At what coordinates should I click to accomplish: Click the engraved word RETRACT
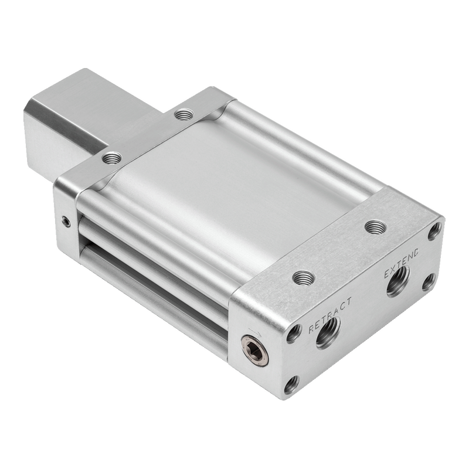tap(330, 314)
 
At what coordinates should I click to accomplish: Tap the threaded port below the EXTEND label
tap(399, 281)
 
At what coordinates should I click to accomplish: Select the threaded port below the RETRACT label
tap(328, 332)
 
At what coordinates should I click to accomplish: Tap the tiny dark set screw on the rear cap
tap(66, 222)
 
